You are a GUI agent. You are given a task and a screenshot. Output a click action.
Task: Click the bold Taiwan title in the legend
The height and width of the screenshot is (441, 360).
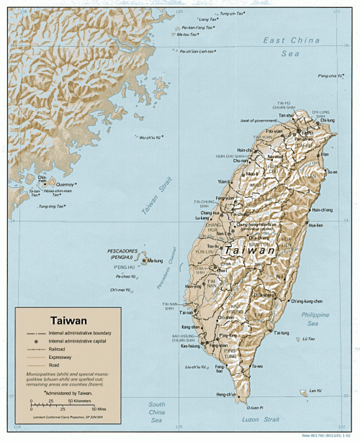tap(68, 320)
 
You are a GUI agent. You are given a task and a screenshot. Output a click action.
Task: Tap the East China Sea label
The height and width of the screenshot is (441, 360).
tap(291, 46)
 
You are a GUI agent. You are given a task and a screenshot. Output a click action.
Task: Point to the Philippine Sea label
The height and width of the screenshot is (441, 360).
tap(315, 319)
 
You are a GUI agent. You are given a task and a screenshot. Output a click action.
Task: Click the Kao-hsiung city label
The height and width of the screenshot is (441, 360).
tap(190, 347)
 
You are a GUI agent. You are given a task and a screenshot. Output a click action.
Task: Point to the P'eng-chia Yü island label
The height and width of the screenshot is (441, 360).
tap(328, 76)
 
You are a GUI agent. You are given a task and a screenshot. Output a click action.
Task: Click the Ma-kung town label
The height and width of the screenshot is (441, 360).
tap(155, 261)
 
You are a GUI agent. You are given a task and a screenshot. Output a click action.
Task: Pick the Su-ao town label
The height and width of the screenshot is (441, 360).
tap(332, 172)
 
